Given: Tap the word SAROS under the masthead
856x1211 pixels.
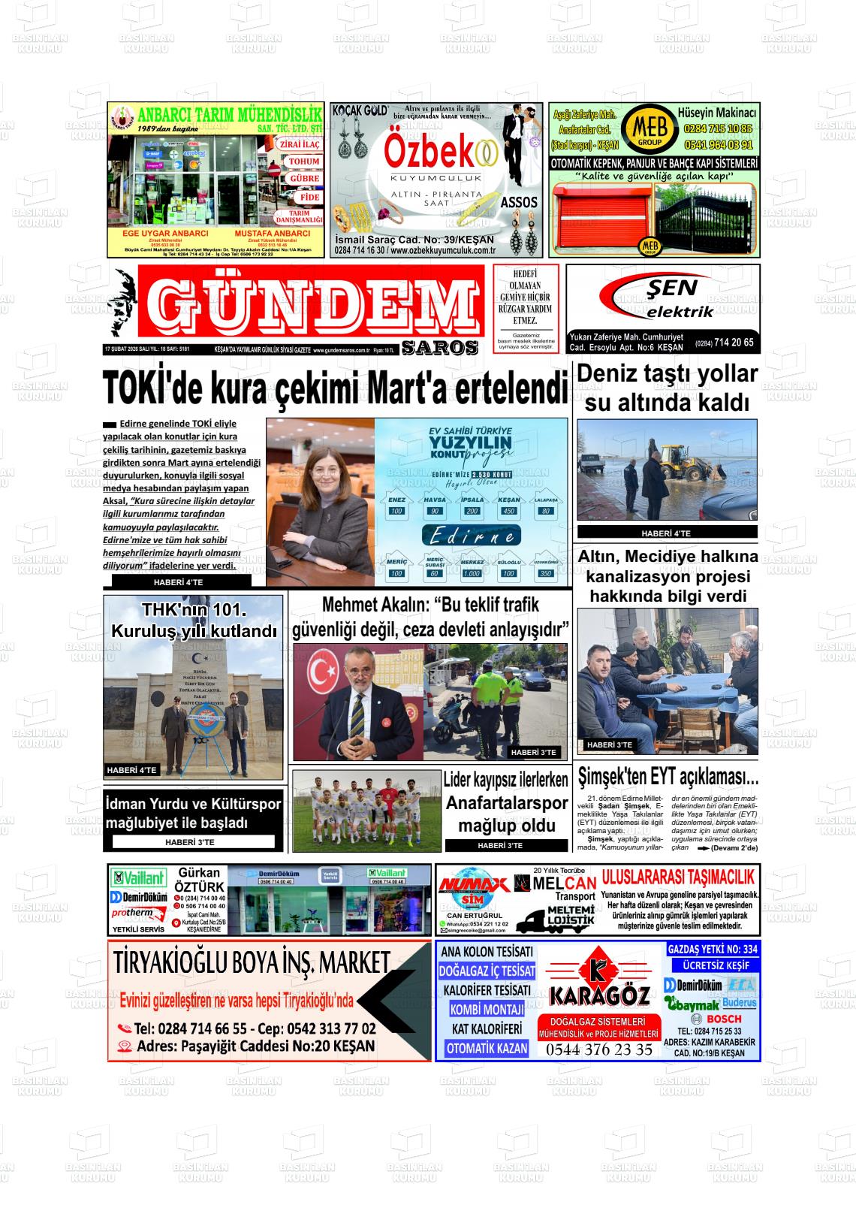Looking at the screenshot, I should click(440, 348).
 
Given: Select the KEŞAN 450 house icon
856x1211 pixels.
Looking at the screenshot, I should click(509, 506).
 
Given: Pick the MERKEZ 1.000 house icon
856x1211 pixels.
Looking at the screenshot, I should click(472, 568).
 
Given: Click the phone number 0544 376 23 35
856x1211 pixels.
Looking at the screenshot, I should click(599, 1049).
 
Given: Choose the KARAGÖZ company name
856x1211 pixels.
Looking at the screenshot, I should click(599, 996).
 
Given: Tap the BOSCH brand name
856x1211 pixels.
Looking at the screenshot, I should click(724, 1019).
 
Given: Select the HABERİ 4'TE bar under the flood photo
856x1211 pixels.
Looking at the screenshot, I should click(666, 533).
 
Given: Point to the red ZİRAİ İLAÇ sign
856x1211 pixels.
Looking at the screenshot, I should click(300, 144).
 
